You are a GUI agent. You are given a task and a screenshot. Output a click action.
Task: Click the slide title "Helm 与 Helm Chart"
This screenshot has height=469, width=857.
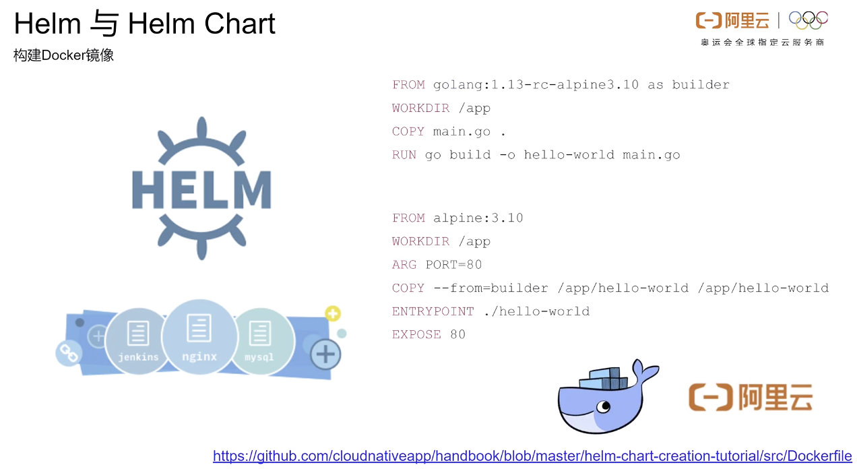point(145,24)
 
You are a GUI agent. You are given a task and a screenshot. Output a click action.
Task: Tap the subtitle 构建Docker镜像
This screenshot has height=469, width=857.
point(63,55)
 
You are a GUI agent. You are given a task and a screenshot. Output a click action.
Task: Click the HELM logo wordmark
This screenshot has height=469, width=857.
point(201,189)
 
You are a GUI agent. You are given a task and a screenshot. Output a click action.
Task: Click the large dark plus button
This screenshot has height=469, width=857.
point(326,354)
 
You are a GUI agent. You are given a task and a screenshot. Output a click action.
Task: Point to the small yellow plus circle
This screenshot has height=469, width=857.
point(333,313)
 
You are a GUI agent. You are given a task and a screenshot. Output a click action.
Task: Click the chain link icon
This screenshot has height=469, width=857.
point(67,352)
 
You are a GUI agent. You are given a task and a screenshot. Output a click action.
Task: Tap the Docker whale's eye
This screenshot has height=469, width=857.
point(604,406)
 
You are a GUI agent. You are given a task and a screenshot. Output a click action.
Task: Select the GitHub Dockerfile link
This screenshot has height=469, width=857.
point(532,456)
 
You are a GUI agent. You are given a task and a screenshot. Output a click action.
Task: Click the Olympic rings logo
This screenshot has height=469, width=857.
point(808,21)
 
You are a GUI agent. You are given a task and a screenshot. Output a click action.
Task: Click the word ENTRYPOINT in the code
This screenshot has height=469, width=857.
point(433,311)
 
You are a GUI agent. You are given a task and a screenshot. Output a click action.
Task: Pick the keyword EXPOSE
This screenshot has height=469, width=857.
point(416,334)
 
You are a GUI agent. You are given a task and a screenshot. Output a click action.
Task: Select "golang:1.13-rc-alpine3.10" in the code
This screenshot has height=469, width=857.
point(536,85)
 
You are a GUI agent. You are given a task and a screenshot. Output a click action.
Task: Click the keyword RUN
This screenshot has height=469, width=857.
point(404,155)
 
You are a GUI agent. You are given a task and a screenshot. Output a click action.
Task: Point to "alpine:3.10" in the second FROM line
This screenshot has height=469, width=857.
point(478,218)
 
